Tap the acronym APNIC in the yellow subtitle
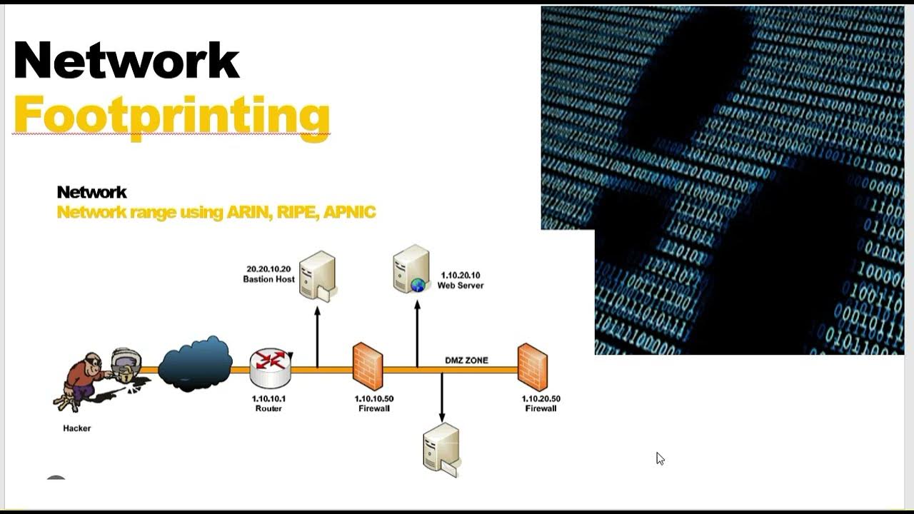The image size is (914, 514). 349,212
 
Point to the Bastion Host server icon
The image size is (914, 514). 317,274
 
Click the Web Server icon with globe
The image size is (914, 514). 411,269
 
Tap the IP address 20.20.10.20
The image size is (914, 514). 268,269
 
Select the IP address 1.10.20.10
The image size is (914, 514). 460,275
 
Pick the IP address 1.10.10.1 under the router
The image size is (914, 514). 268,398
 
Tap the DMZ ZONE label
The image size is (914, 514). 466,361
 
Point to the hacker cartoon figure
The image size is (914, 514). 86,378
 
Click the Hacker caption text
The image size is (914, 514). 77,428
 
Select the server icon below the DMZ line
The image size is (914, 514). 440,448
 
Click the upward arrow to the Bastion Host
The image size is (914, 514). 317,328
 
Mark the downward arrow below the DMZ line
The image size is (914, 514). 441,397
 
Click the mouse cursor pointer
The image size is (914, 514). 660,458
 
